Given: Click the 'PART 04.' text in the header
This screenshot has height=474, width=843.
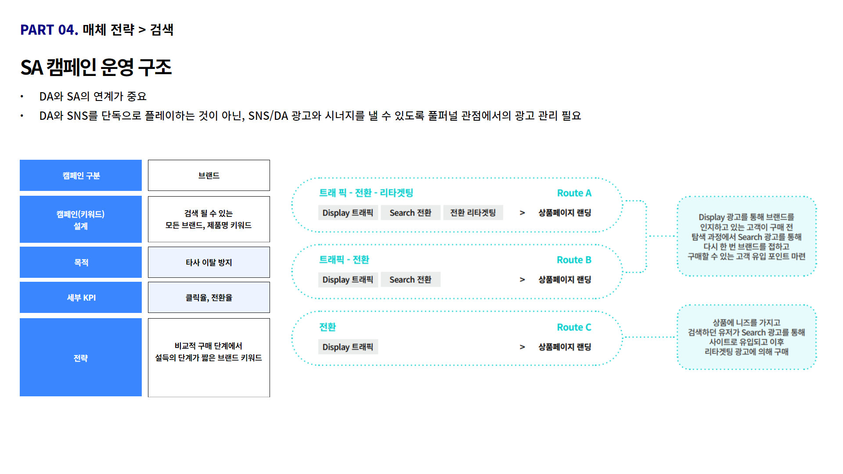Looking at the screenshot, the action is [x=49, y=30].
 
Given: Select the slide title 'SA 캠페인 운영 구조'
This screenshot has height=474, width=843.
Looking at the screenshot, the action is [x=96, y=67].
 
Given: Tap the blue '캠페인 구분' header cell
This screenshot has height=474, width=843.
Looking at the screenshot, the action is [x=81, y=176].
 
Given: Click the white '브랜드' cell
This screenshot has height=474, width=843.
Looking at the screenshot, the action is [x=209, y=176].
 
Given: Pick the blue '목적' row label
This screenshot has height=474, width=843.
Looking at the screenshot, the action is [x=81, y=262].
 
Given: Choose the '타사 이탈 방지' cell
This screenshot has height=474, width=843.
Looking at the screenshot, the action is [x=209, y=262].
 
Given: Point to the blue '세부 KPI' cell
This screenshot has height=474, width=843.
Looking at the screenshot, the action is [x=81, y=298].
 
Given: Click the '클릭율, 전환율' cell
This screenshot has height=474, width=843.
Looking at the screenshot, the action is [x=209, y=298].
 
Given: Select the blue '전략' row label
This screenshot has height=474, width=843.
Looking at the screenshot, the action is [x=81, y=358].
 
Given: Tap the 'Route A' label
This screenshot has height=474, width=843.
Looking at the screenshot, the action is [x=574, y=193].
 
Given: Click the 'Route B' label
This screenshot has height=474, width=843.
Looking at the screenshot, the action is [x=574, y=260].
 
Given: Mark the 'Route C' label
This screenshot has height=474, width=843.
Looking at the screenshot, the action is [x=574, y=327].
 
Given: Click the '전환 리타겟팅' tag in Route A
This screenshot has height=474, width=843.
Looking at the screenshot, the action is [x=473, y=213].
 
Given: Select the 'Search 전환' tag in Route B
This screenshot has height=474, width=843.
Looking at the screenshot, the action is [x=411, y=280].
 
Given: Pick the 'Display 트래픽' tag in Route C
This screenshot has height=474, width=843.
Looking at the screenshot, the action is [x=348, y=347].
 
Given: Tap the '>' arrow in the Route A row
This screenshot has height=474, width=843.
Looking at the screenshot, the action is [x=522, y=213].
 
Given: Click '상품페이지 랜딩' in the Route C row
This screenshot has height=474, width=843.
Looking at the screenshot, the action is [x=565, y=347].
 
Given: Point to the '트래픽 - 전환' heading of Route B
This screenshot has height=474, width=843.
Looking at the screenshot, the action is [x=344, y=260].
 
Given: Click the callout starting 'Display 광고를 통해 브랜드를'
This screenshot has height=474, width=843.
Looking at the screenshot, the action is [x=747, y=237].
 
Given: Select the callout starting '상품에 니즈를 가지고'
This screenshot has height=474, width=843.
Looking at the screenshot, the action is [x=747, y=337].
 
